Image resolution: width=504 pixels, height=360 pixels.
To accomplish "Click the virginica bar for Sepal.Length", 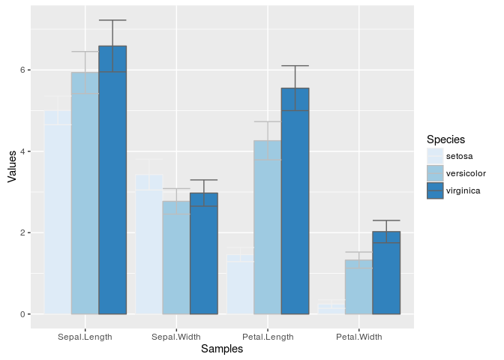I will (112, 180).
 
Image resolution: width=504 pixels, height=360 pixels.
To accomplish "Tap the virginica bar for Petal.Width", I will (386, 273).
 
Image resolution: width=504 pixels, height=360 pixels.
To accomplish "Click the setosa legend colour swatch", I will (435, 156).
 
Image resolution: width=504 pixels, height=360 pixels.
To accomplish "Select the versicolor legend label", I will (466, 173).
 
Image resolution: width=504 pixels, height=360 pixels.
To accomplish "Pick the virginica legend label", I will (463, 190).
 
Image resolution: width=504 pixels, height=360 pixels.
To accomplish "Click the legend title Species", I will (445, 139).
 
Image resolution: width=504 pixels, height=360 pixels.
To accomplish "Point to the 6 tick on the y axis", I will (22, 70).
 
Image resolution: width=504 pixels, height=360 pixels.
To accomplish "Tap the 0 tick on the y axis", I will (22, 314).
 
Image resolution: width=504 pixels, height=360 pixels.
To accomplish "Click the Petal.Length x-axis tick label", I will (268, 337).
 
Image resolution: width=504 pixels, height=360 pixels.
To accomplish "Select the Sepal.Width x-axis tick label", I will (176, 337).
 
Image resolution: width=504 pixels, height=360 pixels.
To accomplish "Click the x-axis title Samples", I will (222, 349).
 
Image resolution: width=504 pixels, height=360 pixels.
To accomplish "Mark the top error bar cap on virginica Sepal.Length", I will (112, 20).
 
